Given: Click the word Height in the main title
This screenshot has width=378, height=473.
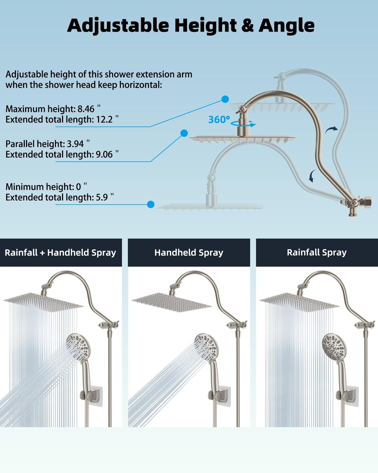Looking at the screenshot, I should (206, 25).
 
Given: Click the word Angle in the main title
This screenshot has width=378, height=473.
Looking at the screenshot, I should (286, 25).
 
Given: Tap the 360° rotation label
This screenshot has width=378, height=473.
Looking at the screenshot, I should (219, 119).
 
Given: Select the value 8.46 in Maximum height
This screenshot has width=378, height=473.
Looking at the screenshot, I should (86, 109).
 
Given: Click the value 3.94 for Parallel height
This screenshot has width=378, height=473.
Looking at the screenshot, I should (75, 144).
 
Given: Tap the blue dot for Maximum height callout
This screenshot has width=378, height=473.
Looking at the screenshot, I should (225, 99).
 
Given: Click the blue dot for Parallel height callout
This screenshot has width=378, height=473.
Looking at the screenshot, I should (184, 133).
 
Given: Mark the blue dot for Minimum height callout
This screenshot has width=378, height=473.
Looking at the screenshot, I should (151, 204).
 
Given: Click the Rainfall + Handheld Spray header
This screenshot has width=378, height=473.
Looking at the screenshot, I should (61, 252).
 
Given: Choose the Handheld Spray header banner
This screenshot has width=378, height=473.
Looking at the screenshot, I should (189, 252).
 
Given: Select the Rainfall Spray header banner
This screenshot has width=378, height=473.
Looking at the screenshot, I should (317, 252).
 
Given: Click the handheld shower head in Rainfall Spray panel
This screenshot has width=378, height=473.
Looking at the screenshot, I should (334, 346).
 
